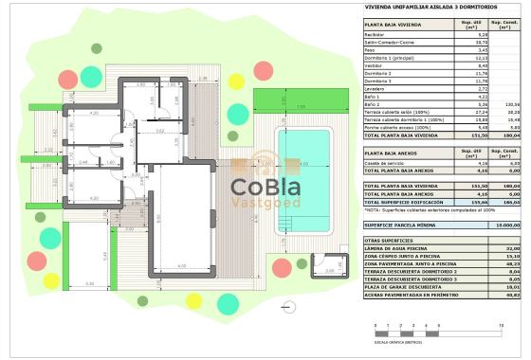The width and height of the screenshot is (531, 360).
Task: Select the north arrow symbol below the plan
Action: point(285,279)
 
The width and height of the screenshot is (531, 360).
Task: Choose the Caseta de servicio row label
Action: point(384,163)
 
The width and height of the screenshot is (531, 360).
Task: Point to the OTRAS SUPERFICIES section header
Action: point(391,241)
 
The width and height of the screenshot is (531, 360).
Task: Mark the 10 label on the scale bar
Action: point(513,325)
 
